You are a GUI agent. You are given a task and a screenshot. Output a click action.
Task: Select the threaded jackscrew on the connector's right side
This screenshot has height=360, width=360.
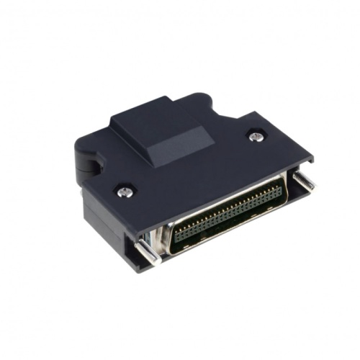pos(303,181)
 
